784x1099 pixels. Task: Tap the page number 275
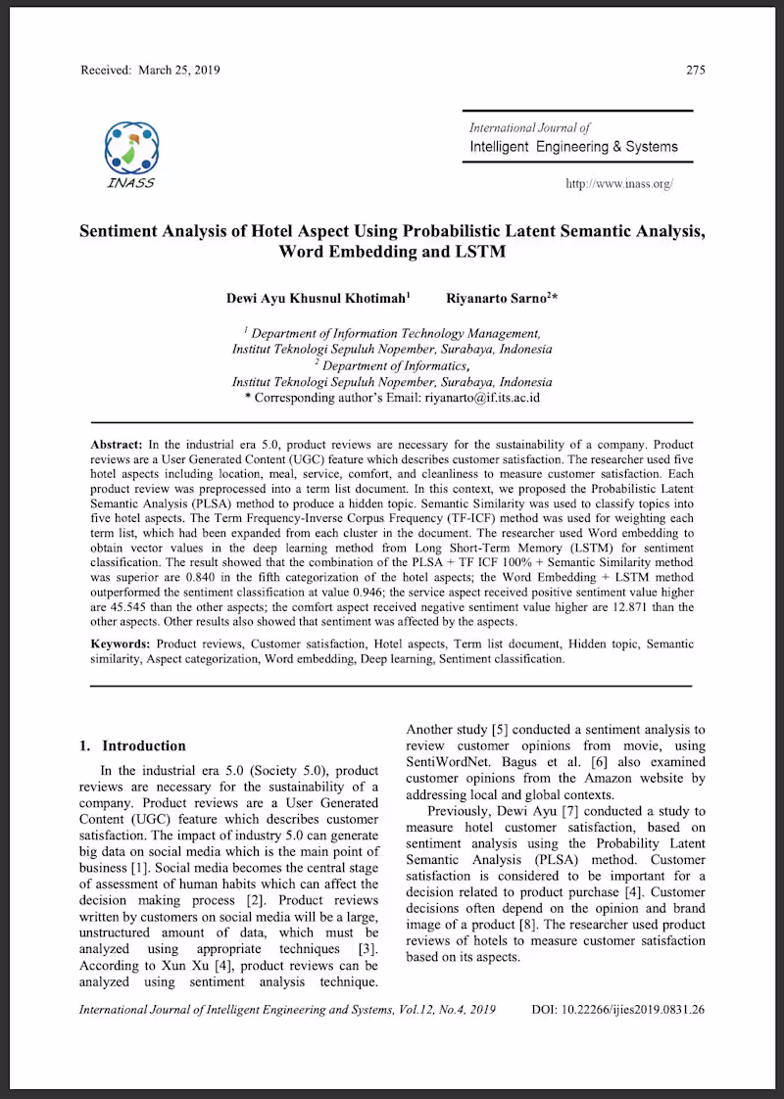click(695, 71)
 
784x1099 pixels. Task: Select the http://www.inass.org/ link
click(619, 184)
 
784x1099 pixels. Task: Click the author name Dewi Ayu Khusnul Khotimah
click(318, 298)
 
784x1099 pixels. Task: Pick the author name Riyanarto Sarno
click(500, 298)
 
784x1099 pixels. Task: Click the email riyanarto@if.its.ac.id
click(482, 399)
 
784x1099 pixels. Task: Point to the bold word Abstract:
click(117, 445)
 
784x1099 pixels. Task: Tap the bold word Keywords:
click(121, 645)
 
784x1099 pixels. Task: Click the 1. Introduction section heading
click(132, 745)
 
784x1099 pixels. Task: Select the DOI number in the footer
click(617, 1009)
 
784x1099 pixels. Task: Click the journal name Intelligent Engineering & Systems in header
click(573, 147)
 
